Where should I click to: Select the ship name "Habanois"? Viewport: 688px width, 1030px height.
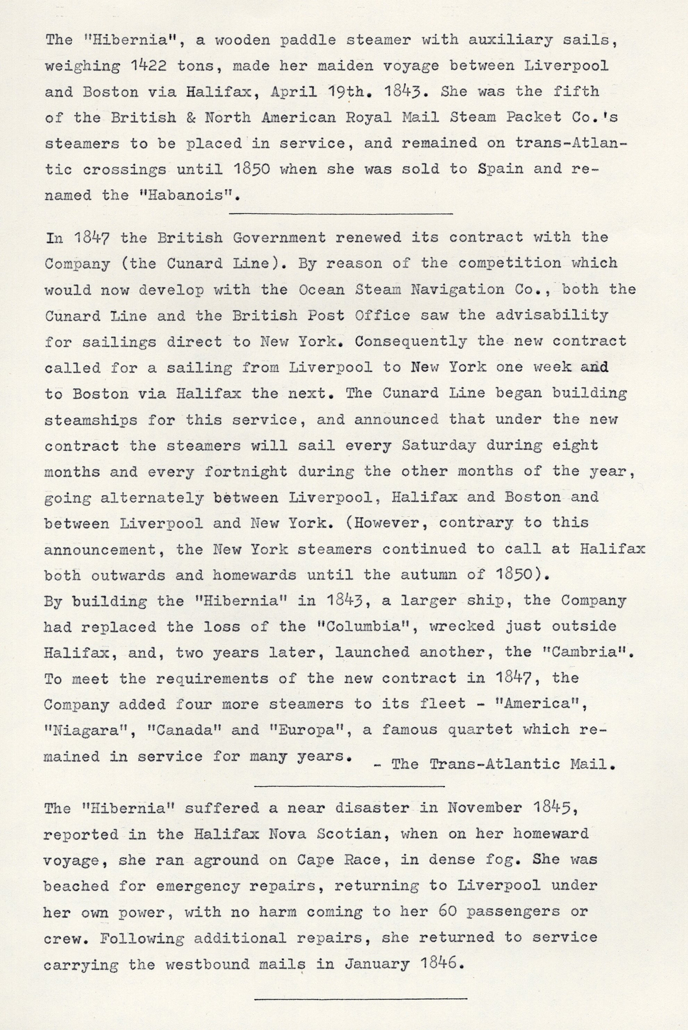point(184,195)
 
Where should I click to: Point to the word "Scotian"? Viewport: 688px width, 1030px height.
point(336,834)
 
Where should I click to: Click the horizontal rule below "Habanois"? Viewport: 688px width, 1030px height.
point(341,213)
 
